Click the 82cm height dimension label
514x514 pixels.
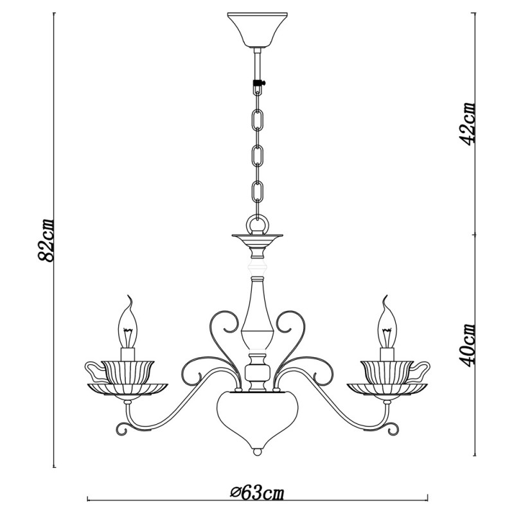46,240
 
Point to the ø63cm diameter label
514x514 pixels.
257,492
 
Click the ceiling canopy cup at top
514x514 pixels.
258,30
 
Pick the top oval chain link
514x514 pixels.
258,120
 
